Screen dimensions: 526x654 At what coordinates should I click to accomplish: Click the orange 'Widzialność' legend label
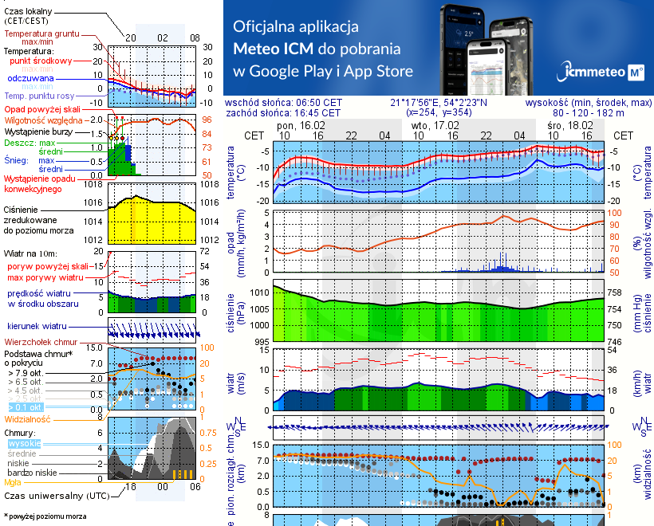[x=28, y=418]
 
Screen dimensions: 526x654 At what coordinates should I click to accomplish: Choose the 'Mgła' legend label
[x=13, y=481]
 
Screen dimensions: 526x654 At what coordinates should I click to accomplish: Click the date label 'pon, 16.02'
[x=301, y=126]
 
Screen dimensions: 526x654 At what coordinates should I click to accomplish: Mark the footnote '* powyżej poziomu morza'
[x=44, y=516]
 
